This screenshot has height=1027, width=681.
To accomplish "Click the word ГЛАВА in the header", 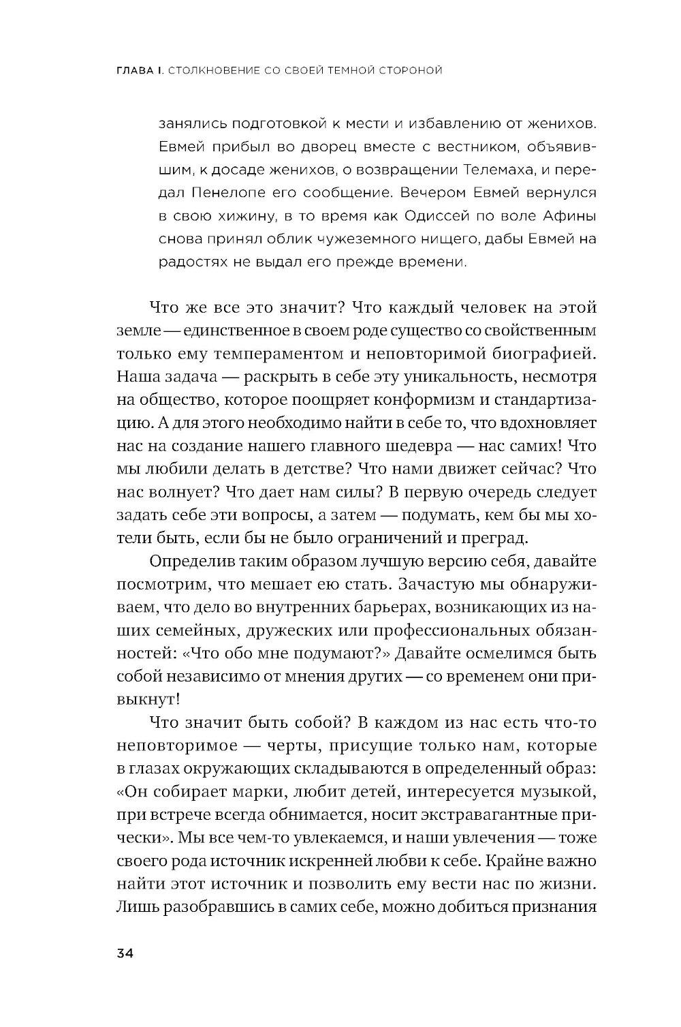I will [x=134, y=70].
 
